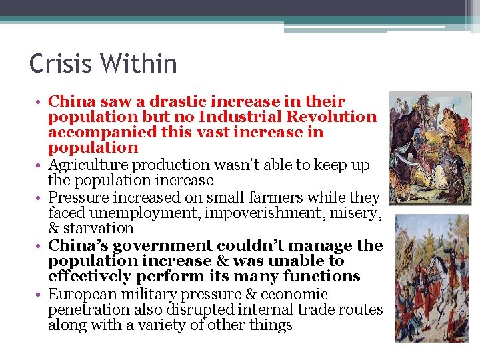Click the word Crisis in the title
click(x=60, y=64)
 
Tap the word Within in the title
click(x=141, y=64)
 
